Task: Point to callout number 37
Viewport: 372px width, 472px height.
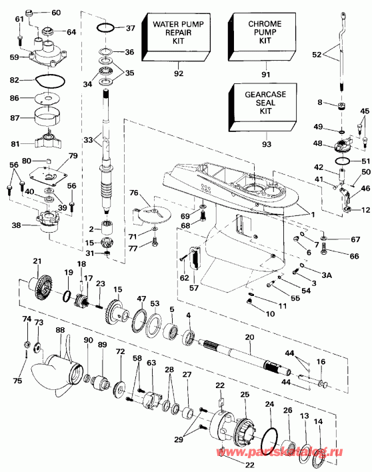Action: pyautogui.click(x=130, y=28)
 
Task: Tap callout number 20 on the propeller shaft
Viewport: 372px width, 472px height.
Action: pyautogui.click(x=249, y=338)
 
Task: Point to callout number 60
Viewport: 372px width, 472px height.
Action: pyautogui.click(x=55, y=13)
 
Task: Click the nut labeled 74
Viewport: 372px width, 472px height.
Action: pyautogui.click(x=27, y=345)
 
